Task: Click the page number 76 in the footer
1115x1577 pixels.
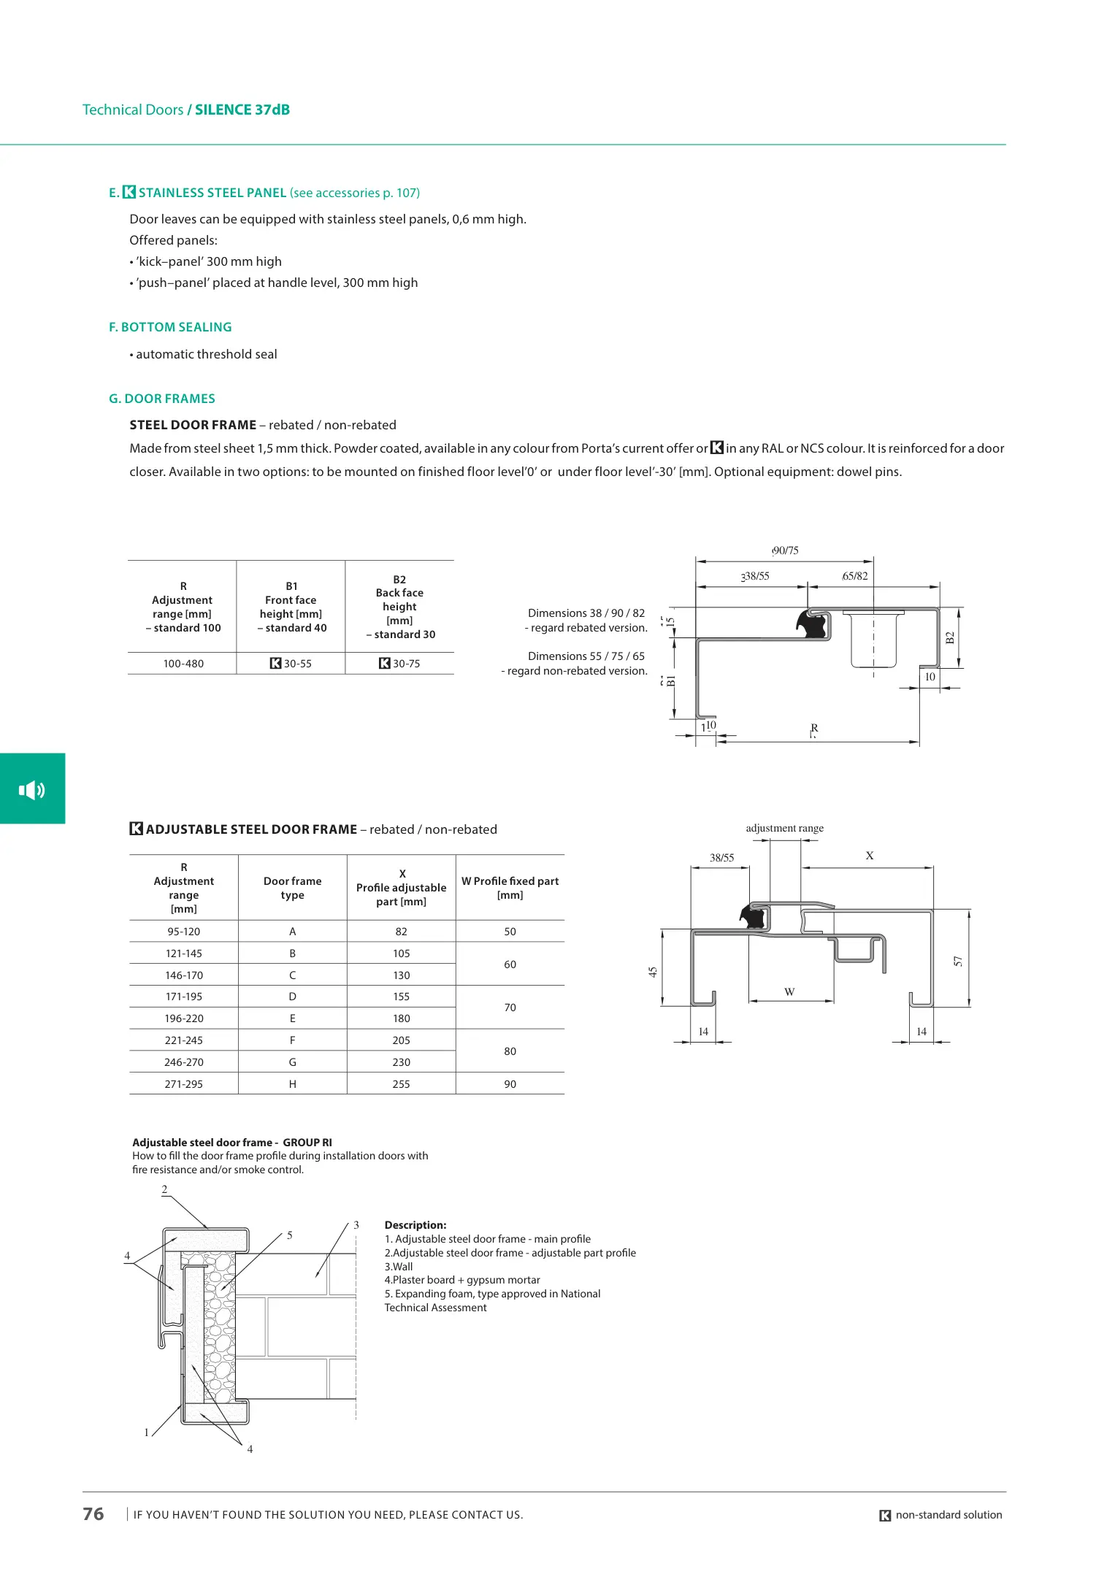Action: coord(93,1513)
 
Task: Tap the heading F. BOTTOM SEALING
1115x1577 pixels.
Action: coord(170,327)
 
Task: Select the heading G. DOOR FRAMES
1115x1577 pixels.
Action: coord(162,399)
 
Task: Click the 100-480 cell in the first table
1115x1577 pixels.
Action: coord(183,664)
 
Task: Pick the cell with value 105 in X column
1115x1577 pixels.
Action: coord(401,954)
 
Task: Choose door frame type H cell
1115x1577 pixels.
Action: coord(292,1084)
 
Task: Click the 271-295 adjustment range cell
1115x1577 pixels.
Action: coord(183,1084)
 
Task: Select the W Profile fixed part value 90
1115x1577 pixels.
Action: coord(510,1084)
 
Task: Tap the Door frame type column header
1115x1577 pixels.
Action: coord(292,888)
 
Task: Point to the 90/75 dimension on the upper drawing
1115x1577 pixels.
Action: coord(785,550)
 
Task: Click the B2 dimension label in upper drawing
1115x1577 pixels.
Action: coord(950,637)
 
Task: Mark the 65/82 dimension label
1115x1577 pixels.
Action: coord(855,576)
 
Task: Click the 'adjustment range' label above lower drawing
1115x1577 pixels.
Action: coord(784,828)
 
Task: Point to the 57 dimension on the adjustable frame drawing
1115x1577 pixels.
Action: coord(958,962)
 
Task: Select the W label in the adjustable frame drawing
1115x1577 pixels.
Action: coord(789,991)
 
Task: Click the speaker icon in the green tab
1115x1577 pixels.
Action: coord(31,789)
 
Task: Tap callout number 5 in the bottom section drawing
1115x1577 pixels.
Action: coord(290,1235)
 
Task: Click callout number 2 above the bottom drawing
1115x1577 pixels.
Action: coord(164,1189)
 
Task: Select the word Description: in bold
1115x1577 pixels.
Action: coord(415,1225)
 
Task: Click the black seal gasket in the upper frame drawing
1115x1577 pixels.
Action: coord(812,624)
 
